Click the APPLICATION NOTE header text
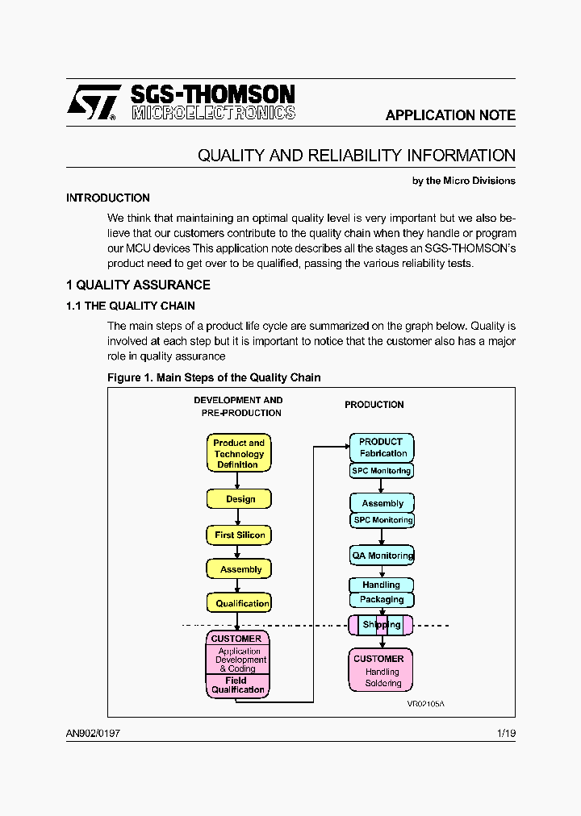(x=450, y=115)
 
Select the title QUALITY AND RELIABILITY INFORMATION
(x=357, y=156)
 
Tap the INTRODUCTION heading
(x=108, y=198)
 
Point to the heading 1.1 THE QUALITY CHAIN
(x=130, y=306)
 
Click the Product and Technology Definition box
(x=239, y=454)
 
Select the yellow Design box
(x=240, y=499)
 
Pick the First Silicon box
(x=240, y=535)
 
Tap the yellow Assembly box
(x=240, y=569)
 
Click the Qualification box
(x=240, y=603)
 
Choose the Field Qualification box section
(x=237, y=685)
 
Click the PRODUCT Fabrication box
(x=382, y=448)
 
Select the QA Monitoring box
(x=382, y=556)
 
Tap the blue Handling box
(x=382, y=585)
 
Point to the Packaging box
(x=382, y=600)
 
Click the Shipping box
(x=381, y=625)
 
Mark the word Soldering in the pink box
(x=383, y=684)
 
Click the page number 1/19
(x=506, y=733)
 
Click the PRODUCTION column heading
(x=374, y=405)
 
